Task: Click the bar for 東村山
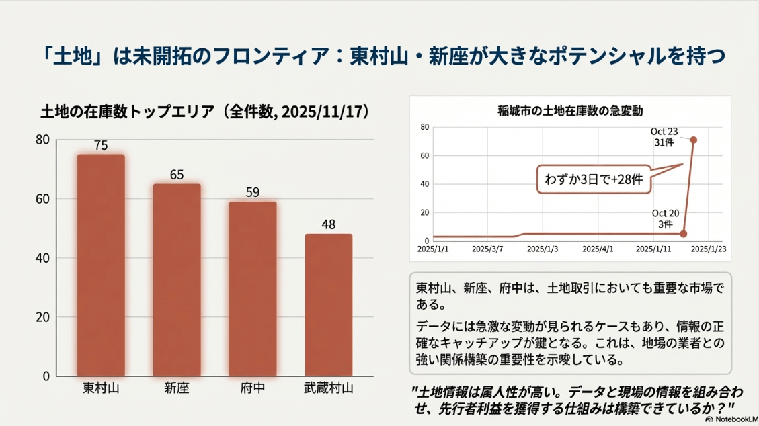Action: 101,265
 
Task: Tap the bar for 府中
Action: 252,288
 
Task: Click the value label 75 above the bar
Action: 101,145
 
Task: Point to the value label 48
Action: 328,224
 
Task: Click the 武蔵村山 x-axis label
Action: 328,389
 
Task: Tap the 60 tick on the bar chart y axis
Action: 42,199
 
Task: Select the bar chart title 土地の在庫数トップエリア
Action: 131,112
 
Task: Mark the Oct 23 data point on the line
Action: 693,140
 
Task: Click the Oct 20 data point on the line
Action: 684,234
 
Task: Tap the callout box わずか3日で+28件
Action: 593,179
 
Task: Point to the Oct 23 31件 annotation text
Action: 665,137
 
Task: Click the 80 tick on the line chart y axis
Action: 424,127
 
